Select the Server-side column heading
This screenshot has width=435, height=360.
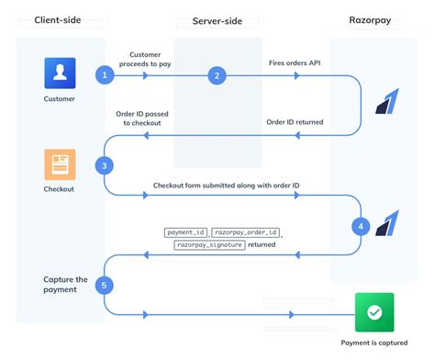click(x=217, y=19)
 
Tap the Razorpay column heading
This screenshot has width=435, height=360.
click(x=374, y=19)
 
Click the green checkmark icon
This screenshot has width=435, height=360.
click(x=374, y=311)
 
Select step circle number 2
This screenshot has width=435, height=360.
click(x=217, y=75)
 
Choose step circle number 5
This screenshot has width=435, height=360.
click(x=106, y=285)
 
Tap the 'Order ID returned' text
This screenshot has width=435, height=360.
click(x=299, y=121)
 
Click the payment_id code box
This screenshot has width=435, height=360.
click(x=186, y=232)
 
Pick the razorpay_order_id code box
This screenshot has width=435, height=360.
click(x=247, y=232)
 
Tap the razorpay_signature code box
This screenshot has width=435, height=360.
click(x=210, y=246)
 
